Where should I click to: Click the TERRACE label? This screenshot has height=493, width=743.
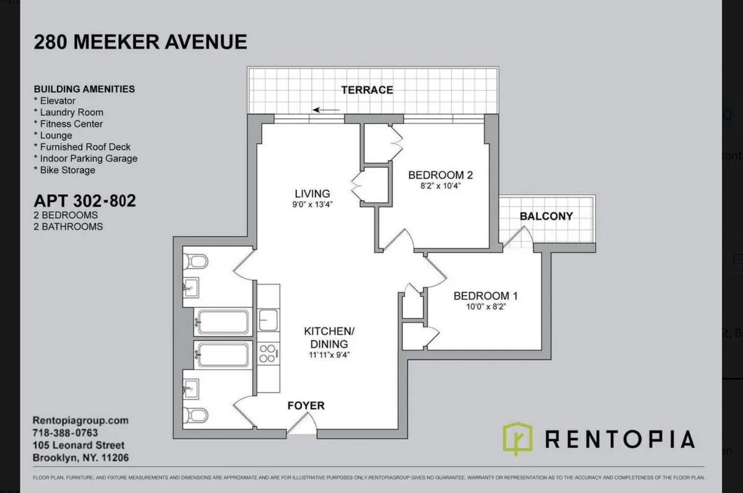tap(367, 90)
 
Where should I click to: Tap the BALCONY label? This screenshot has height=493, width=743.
tap(546, 216)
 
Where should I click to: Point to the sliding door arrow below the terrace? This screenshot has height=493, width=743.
tap(326, 110)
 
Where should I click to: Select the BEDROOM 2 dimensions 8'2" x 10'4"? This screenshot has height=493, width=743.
tap(436, 186)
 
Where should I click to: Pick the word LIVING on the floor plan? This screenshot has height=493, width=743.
tap(312, 193)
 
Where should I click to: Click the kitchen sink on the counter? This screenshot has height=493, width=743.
tap(267, 320)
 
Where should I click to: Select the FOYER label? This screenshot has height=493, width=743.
tap(306, 406)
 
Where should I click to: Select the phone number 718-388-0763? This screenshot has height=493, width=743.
tap(65, 433)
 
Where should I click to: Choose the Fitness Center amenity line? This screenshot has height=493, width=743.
tap(68, 124)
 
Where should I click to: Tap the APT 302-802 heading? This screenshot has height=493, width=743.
tap(84, 201)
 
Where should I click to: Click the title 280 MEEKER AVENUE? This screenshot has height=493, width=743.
tap(140, 42)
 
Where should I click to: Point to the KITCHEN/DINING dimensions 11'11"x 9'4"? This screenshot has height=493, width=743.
tap(326, 356)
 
